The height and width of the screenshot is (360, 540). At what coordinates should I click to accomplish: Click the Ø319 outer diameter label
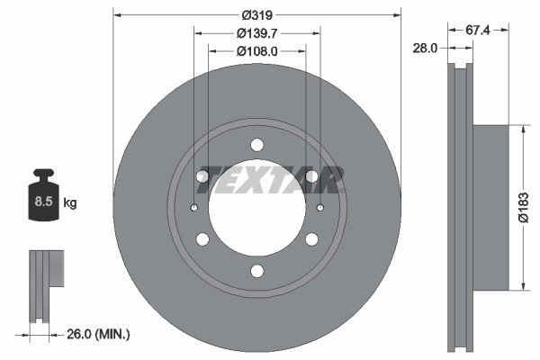(x=257, y=14)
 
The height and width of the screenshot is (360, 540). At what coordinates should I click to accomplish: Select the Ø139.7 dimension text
(x=257, y=33)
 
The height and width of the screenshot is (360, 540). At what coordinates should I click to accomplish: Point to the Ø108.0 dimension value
(x=257, y=51)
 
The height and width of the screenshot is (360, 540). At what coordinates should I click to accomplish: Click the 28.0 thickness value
(x=423, y=48)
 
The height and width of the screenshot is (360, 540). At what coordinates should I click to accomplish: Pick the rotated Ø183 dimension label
(x=524, y=208)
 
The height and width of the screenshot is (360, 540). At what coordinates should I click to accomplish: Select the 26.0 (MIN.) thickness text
(x=98, y=334)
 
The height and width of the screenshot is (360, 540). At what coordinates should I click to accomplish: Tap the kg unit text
(x=71, y=203)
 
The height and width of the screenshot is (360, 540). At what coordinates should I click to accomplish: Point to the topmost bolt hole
(x=257, y=145)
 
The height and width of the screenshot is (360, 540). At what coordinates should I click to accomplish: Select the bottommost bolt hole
(x=257, y=271)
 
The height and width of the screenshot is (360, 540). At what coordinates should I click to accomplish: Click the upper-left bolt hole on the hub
(x=203, y=176)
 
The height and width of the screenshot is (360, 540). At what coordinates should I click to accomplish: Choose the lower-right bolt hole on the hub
(x=311, y=239)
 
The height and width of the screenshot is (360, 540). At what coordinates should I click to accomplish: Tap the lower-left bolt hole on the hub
(x=203, y=239)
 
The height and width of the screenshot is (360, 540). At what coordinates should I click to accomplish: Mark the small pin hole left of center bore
(x=194, y=209)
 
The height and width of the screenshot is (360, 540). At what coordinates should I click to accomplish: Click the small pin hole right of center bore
(x=320, y=209)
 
